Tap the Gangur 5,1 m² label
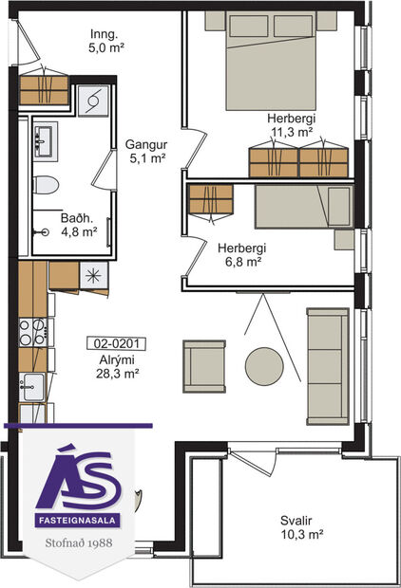click(146, 152)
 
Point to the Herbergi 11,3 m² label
click(291, 125)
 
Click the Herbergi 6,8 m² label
click(240, 256)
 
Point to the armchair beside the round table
click(204, 364)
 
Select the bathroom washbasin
click(42, 143)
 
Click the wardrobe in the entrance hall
click(45, 88)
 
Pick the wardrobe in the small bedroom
click(210, 200)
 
